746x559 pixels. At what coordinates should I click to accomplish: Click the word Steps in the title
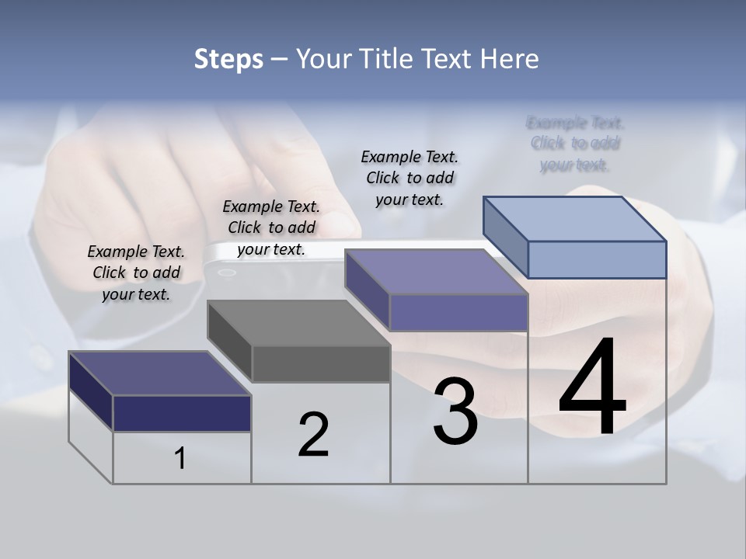pyautogui.click(x=228, y=59)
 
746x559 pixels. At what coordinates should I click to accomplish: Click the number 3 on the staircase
pyautogui.click(x=455, y=411)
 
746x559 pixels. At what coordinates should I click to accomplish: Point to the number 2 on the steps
pyautogui.click(x=313, y=435)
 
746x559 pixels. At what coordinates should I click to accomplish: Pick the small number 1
pyautogui.click(x=180, y=458)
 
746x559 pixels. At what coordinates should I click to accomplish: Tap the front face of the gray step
pyautogui.click(x=321, y=364)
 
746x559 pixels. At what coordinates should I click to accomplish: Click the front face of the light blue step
pyautogui.click(x=597, y=259)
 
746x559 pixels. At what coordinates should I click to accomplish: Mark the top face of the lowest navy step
pyautogui.click(x=159, y=373)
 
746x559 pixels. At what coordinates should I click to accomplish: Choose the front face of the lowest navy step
pyautogui.click(x=182, y=413)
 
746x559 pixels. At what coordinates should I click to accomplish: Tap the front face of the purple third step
pyautogui.click(x=458, y=312)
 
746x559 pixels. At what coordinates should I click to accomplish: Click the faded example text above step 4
pyautogui.click(x=575, y=144)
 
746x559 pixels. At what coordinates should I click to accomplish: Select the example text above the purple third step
pyautogui.click(x=410, y=178)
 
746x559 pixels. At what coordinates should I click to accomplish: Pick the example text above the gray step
pyautogui.click(x=271, y=227)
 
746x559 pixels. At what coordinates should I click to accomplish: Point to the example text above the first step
pyautogui.click(x=136, y=273)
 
